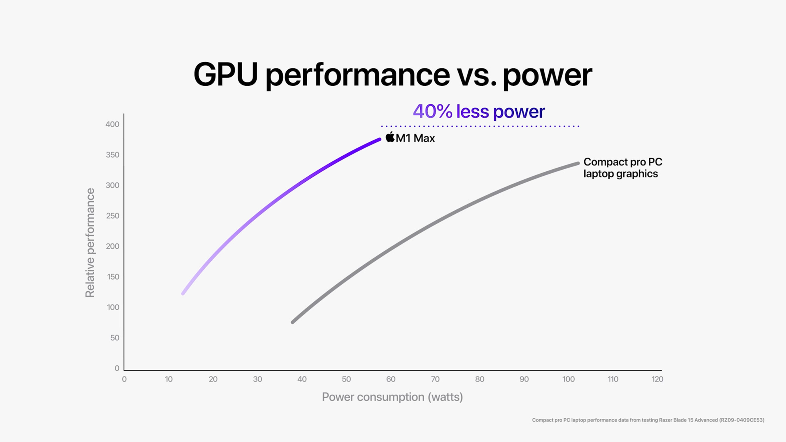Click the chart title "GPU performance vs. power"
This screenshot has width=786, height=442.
393,75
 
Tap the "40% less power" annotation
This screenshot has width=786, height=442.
478,112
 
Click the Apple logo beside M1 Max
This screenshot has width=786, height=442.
390,137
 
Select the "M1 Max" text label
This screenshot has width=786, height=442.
415,138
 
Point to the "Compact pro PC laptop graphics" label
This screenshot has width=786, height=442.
622,168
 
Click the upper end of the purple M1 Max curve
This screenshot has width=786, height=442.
379,140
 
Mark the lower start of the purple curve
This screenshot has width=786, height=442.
183,293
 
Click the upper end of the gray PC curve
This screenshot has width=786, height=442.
577,163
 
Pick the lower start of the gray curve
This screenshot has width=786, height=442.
293,322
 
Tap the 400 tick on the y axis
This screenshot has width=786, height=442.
112,124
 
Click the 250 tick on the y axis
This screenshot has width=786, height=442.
112,216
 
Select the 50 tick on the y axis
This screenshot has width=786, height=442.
115,338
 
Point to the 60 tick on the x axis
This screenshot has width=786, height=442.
391,379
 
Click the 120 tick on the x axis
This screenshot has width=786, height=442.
657,379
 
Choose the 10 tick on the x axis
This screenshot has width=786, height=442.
168,379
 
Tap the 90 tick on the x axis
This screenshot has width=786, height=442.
524,379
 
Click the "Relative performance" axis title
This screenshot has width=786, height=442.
90,243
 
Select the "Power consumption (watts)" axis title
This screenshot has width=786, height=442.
392,397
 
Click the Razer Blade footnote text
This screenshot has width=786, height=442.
648,420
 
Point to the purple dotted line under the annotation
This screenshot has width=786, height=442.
480,126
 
